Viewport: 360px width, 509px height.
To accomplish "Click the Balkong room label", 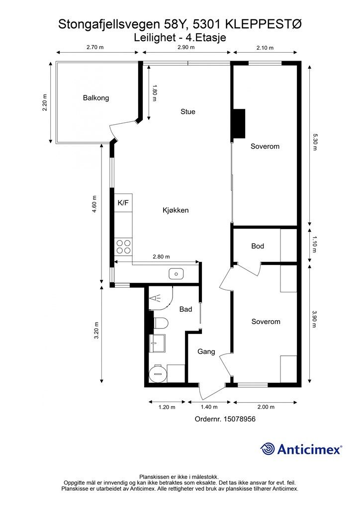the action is tap(96, 98).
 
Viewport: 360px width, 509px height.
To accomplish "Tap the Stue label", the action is tap(188, 112).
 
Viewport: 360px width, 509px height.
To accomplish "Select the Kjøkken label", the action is tap(176, 210).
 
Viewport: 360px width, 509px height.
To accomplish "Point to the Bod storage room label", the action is tap(258, 246).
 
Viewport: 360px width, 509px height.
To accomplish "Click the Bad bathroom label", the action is tap(185, 309).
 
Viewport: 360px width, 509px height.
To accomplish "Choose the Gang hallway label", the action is tap(206, 351).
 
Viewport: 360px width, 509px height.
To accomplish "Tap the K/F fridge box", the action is tap(123, 203).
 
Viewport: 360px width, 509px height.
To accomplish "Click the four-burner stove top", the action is tap(123, 247).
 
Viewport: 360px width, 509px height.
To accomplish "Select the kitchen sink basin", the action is tap(176, 274).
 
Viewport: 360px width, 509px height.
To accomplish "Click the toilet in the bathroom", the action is tap(161, 324).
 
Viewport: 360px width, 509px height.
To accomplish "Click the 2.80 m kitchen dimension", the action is tap(161, 256).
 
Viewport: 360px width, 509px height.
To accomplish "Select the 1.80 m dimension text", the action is tap(155, 93).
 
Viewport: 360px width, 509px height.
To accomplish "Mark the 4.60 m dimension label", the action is tap(94, 204).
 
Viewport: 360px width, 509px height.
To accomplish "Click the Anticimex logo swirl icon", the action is tap(267, 449).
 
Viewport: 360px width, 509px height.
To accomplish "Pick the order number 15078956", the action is tap(239, 419).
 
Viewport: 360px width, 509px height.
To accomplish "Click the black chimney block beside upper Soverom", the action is tap(239, 124).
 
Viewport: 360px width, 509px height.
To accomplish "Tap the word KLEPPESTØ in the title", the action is tap(263, 24).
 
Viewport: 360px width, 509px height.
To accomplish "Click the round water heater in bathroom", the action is tap(158, 373).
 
